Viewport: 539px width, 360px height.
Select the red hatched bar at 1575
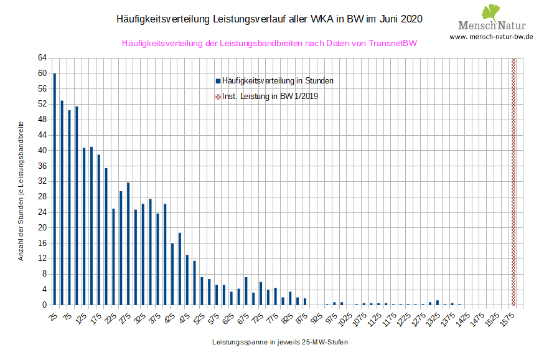click(513, 181)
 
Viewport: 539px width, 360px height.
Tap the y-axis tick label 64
click(42, 58)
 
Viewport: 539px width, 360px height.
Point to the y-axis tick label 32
click(42, 181)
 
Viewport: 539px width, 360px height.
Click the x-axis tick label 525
click(200, 318)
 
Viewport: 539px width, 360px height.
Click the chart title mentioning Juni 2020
click(269, 19)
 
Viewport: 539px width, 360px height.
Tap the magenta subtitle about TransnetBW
click(269, 44)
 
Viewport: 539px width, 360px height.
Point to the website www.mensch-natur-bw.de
click(491, 37)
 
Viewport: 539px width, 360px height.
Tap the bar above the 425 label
click(172, 274)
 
